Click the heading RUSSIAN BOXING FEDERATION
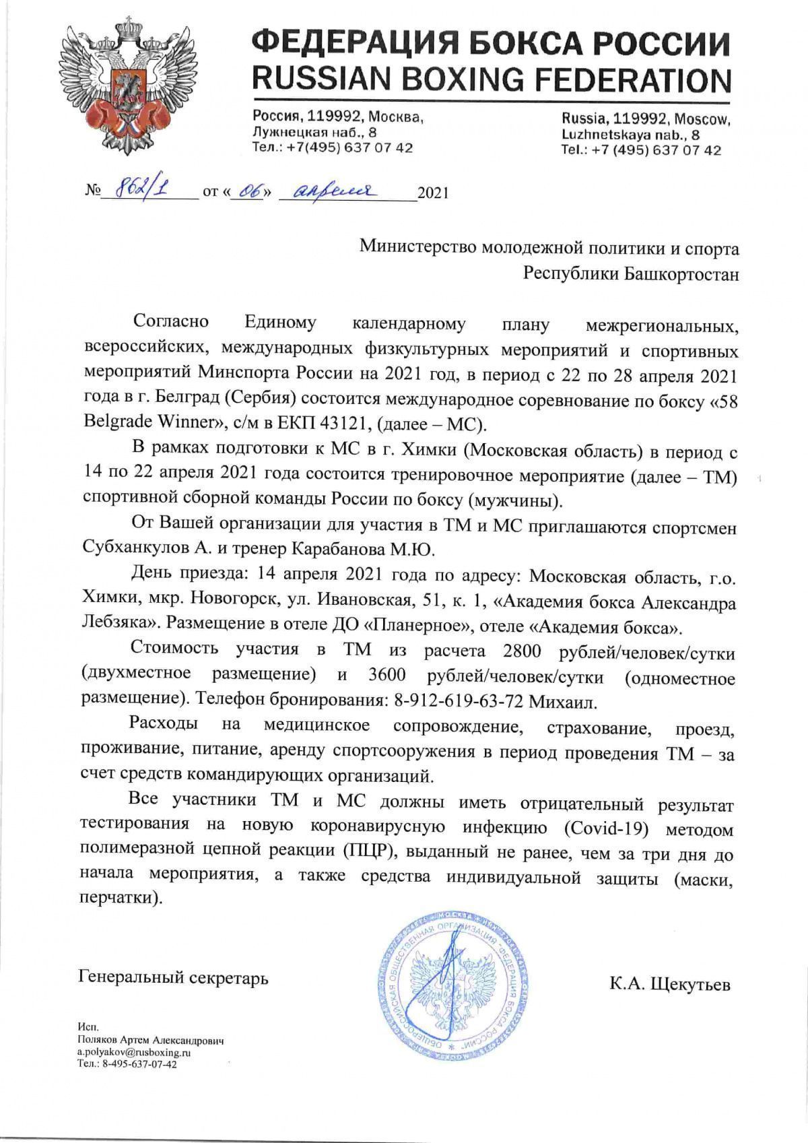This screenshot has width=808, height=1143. tap(491, 80)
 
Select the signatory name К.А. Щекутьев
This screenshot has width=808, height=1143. tap(669, 985)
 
